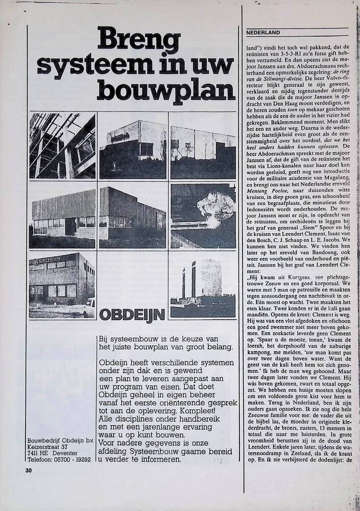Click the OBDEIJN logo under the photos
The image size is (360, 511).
(132, 314)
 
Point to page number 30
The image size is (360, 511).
(29, 471)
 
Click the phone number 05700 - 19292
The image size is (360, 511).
(73, 459)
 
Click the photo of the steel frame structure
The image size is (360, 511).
(62, 146)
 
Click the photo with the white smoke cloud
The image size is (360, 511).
(203, 215)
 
